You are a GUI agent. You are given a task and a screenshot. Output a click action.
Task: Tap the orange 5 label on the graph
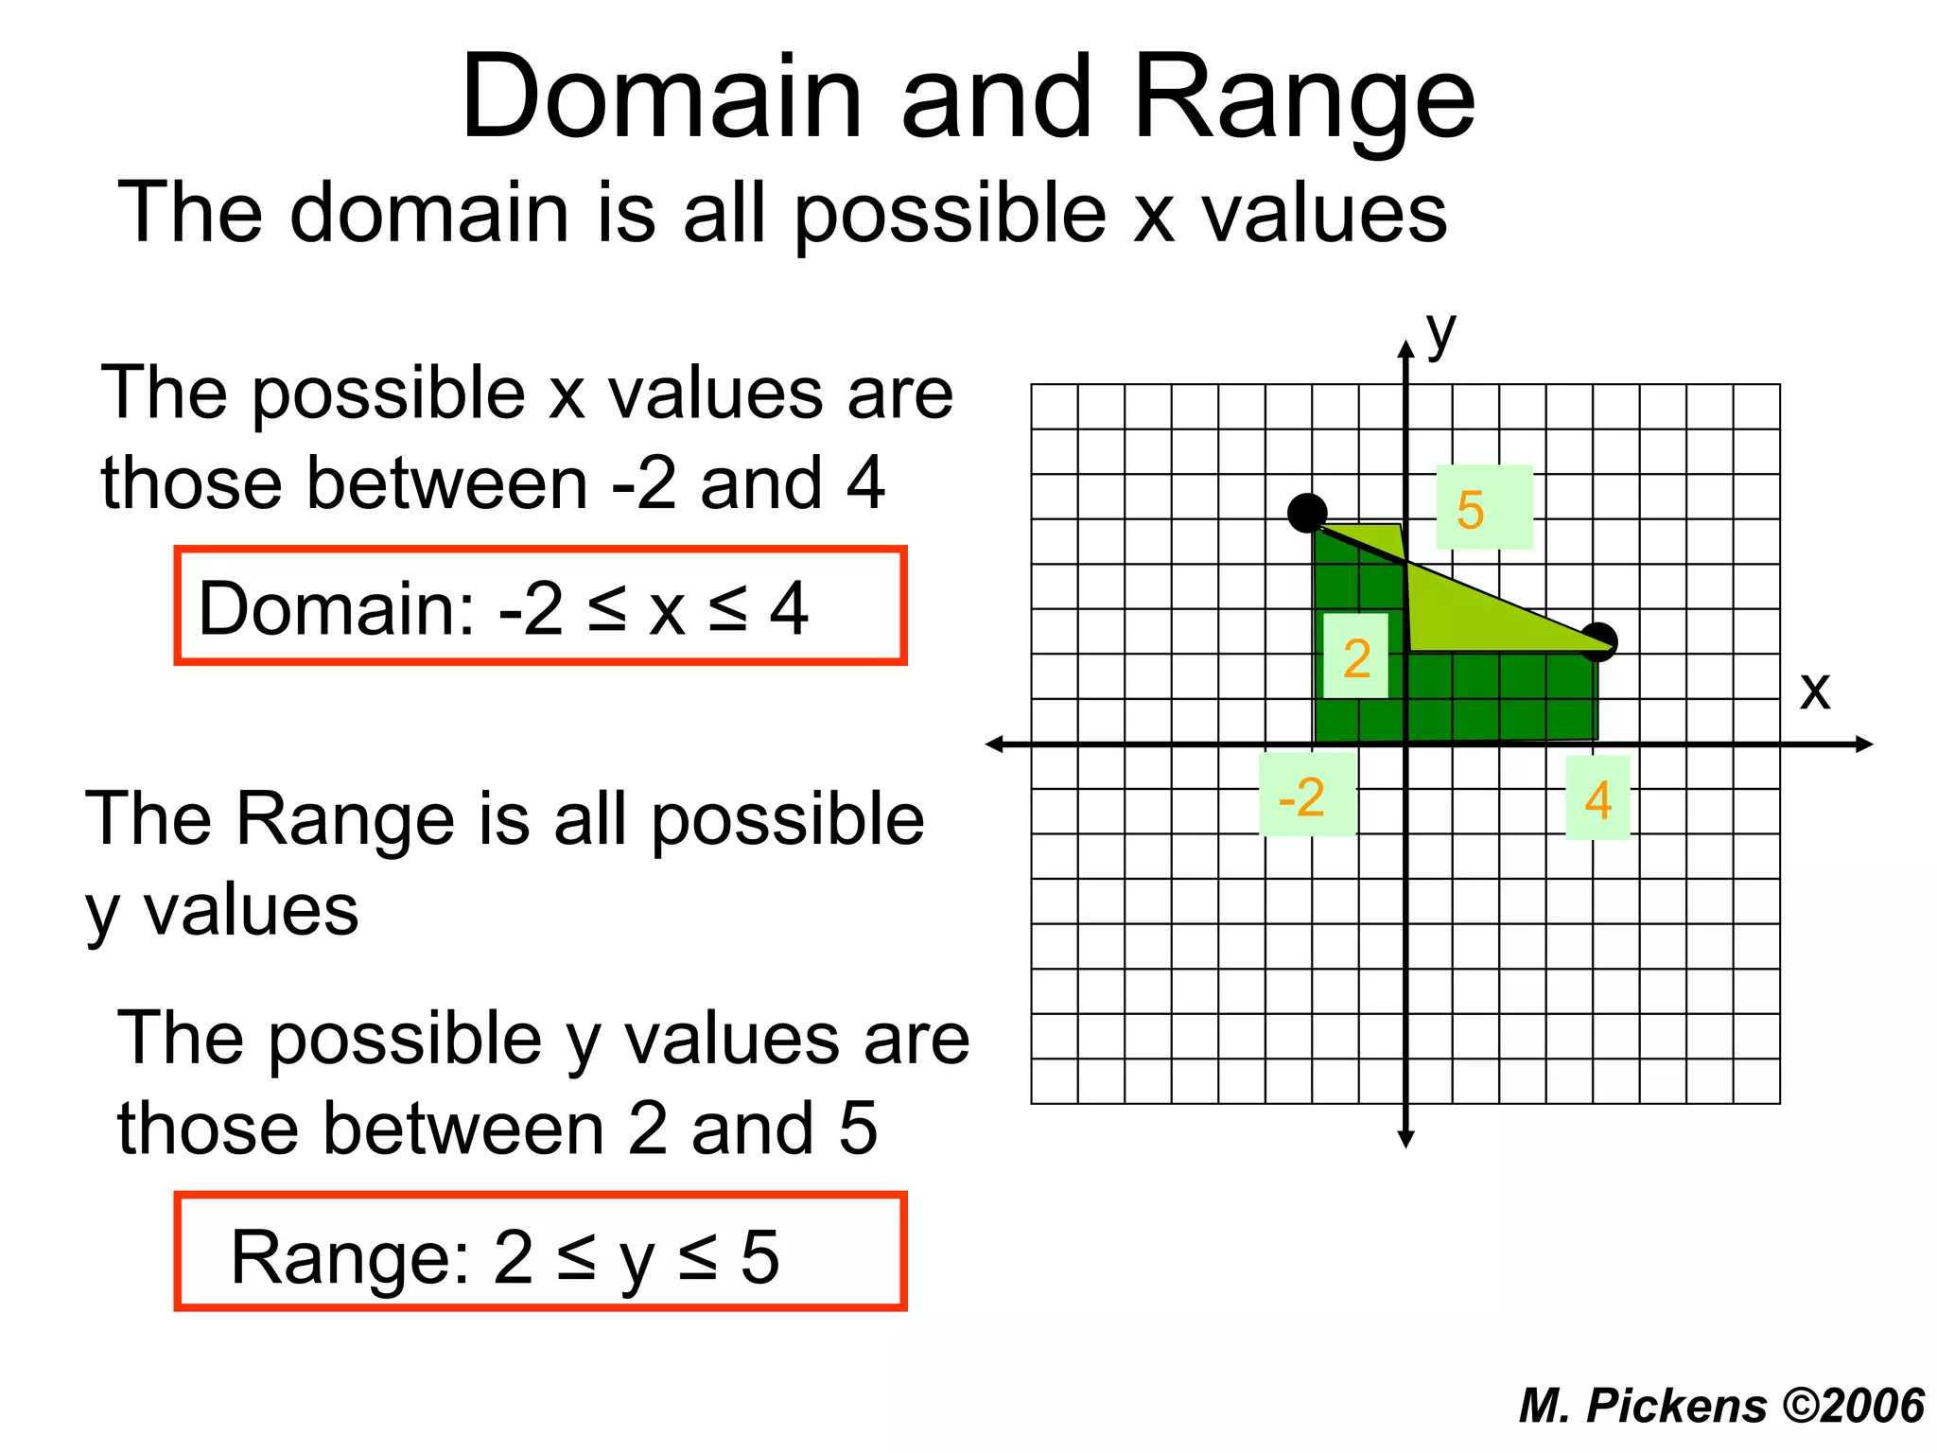1471,510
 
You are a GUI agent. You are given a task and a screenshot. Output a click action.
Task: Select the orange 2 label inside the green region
1356,657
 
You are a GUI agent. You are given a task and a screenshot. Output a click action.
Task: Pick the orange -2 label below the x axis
1302,797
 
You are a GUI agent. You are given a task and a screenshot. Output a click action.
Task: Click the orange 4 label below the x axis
1597,800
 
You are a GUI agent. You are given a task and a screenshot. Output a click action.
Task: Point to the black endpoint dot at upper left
1307,513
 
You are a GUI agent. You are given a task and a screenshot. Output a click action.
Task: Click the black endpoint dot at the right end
1599,641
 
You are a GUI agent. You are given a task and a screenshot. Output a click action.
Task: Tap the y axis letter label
1440,333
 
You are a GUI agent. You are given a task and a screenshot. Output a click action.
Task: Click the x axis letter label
1814,691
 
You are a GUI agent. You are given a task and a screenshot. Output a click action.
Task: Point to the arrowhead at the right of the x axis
1864,744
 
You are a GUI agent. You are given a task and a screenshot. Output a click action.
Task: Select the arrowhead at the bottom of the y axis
1406,1139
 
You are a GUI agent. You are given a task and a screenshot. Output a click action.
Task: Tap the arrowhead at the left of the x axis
994,744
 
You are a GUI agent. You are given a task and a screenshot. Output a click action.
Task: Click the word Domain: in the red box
336,608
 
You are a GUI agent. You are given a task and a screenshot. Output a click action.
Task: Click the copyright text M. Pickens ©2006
1721,1405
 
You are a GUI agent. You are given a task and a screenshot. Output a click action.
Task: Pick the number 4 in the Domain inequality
789,608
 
